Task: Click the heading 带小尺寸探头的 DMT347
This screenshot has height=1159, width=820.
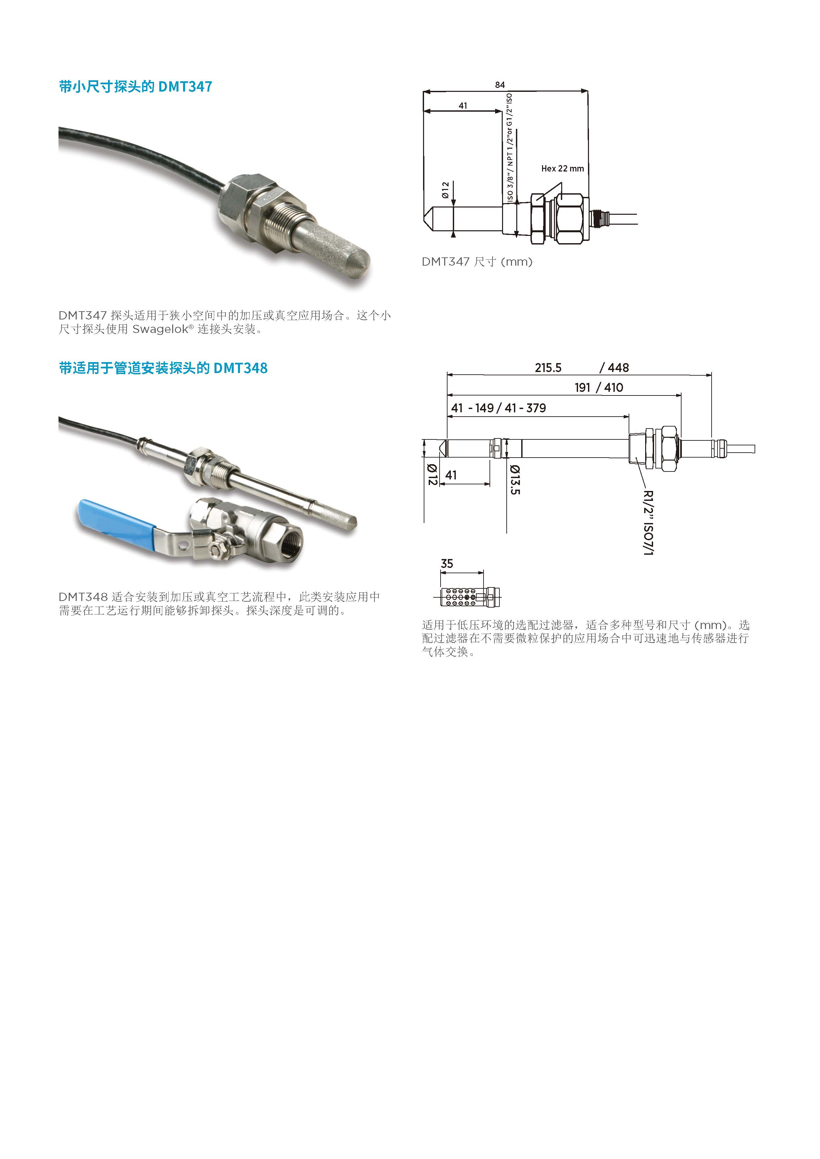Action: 135,87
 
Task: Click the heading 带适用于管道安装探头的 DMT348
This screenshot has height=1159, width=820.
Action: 163,368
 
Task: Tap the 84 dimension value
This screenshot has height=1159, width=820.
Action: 500,85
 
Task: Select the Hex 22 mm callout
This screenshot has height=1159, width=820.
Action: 563,168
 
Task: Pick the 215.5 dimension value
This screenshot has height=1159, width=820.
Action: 548,368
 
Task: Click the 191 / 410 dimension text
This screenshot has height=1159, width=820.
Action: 599,388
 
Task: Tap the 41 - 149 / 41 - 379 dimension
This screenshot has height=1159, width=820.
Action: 498,408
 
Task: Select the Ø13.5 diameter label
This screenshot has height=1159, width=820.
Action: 515,479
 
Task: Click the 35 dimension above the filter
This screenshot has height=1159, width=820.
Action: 447,564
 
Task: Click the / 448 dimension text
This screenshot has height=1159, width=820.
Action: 614,368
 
